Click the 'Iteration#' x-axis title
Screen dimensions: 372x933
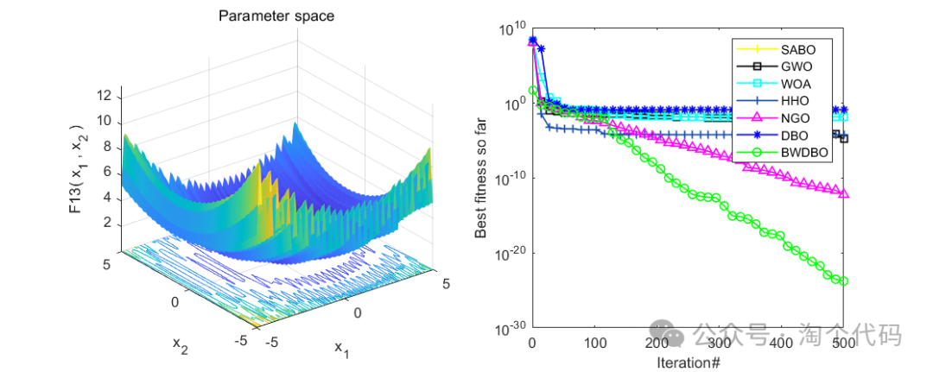(688, 361)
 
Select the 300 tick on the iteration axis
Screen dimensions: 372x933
(720, 344)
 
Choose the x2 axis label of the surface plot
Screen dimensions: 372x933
(179, 344)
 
